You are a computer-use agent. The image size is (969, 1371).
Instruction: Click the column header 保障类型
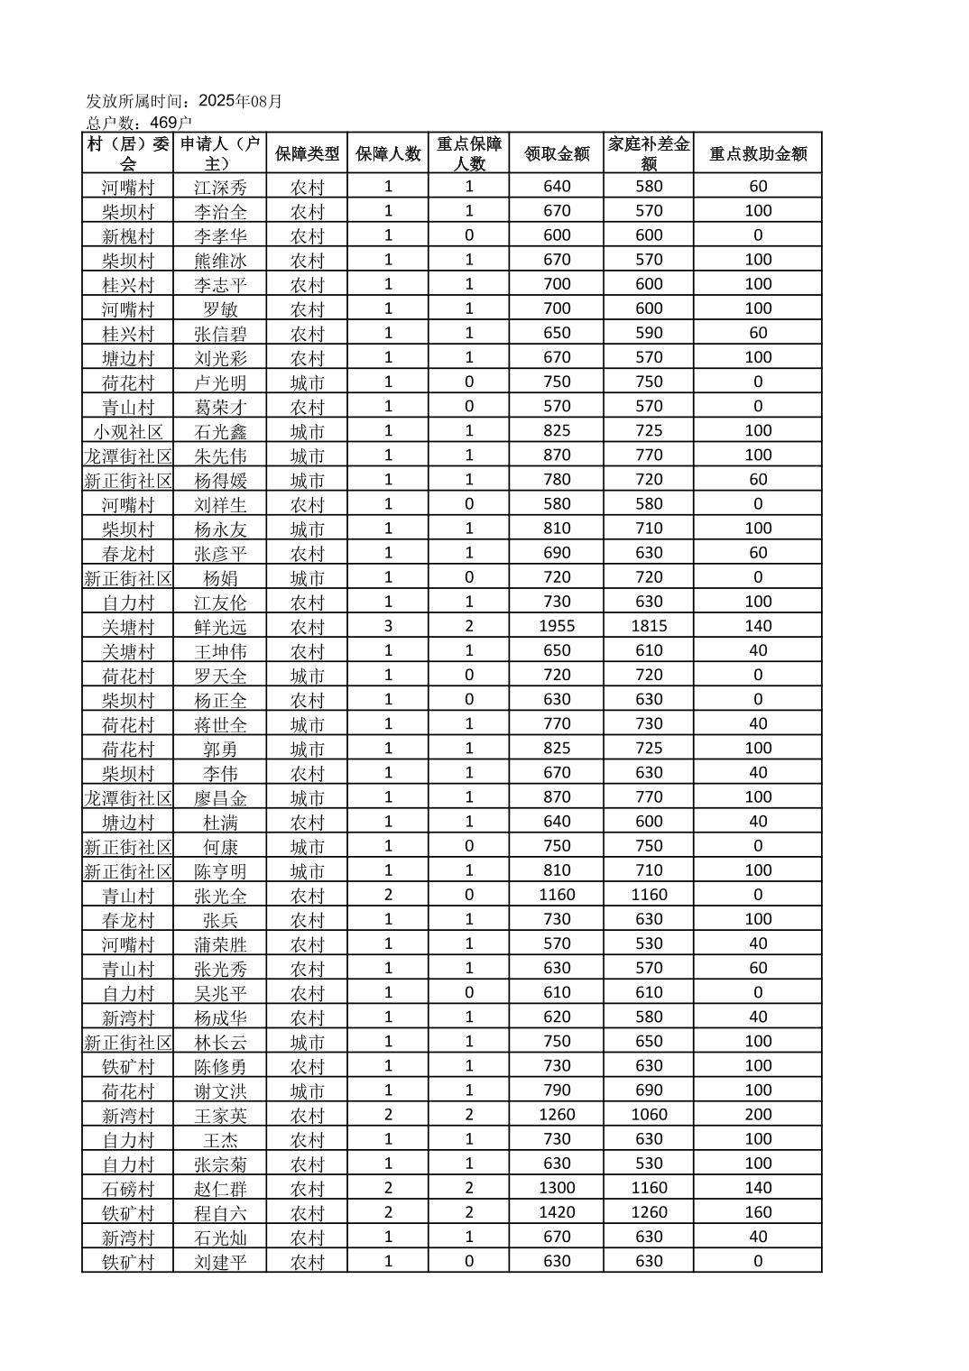(x=307, y=153)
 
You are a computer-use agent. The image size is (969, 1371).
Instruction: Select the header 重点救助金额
(x=757, y=153)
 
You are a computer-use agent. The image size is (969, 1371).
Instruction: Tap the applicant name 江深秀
(x=220, y=187)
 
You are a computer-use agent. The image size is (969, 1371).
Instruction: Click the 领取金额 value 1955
(x=557, y=626)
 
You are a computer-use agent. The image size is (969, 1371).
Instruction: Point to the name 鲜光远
(x=220, y=627)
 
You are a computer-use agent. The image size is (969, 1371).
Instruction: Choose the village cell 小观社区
(x=128, y=431)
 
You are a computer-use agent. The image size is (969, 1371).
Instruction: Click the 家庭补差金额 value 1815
(x=649, y=626)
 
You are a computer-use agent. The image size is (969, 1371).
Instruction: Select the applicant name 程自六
(x=220, y=1213)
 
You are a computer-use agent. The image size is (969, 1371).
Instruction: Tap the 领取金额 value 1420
(x=557, y=1212)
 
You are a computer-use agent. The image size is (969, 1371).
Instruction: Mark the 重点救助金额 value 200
(x=758, y=1115)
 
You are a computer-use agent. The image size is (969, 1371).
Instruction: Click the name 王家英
(x=220, y=1116)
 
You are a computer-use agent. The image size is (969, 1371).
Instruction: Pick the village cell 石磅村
(x=128, y=1189)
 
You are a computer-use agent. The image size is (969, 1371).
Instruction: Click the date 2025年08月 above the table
(x=240, y=101)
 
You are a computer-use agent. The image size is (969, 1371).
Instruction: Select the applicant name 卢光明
(x=220, y=382)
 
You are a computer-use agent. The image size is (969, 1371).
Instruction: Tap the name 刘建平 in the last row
(x=220, y=1262)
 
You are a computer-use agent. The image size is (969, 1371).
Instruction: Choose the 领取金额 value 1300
(x=557, y=1188)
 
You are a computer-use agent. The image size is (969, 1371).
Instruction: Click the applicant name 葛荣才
(x=220, y=407)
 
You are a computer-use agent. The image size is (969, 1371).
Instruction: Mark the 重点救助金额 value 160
(x=758, y=1212)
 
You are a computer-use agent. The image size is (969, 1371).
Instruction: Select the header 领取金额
(x=557, y=153)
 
